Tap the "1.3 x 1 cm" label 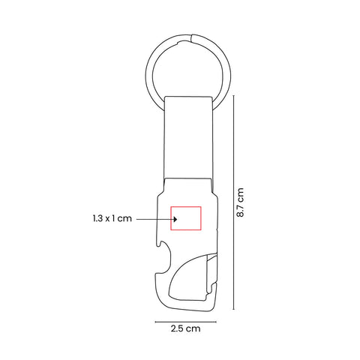pos(112,218)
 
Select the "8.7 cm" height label pos(240,202)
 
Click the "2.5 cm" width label pos(186,328)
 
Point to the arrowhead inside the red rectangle pos(175,219)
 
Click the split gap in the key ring pos(192,37)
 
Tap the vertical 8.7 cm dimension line pos(234,202)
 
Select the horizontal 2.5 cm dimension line pos(186,322)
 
